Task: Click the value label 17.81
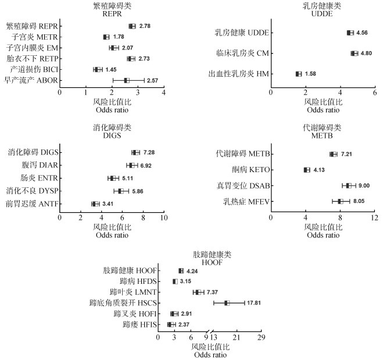pyautogui.click(x=254, y=303)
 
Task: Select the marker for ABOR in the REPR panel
pyautogui.click(x=127, y=80)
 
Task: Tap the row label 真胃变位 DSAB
pyautogui.click(x=244, y=186)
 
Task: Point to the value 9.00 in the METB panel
pyautogui.click(x=364, y=186)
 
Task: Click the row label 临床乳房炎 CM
pyautogui.click(x=242, y=54)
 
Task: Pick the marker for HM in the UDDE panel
pyautogui.click(x=298, y=74)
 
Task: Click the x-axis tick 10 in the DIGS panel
pyautogui.click(x=164, y=218)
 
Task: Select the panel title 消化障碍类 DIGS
pyautogui.click(x=112, y=131)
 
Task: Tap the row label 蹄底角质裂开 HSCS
pyautogui.click(x=123, y=303)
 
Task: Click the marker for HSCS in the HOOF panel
pyautogui.click(x=227, y=303)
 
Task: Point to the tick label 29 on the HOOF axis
pyautogui.click(x=261, y=337)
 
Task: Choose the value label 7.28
pyautogui.click(x=149, y=152)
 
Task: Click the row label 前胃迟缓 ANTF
pyautogui.click(x=32, y=204)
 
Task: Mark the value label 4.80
pyautogui.click(x=366, y=54)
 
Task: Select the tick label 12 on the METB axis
pyautogui.click(x=374, y=218)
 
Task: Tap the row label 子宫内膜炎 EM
pyautogui.click(x=32, y=48)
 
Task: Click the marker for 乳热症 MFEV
pyautogui.click(x=340, y=201)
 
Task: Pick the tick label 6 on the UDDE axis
pyautogui.click(x=375, y=92)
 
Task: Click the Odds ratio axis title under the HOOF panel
pyautogui.click(x=210, y=355)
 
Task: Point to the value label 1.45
pyautogui.click(x=111, y=70)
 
